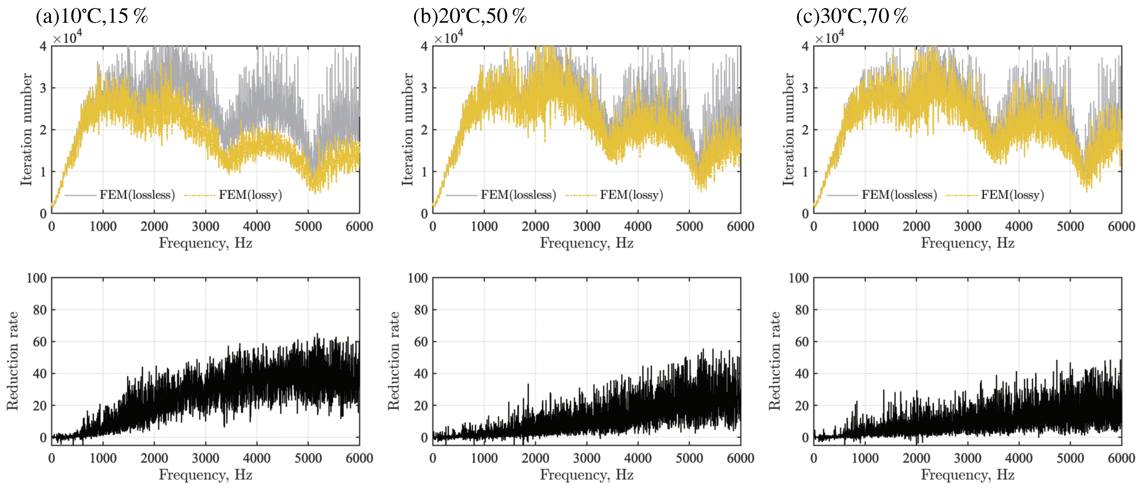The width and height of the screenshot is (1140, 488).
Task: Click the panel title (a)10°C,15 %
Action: [x=92, y=17]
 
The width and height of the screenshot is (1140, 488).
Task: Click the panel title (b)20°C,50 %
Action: [x=470, y=17]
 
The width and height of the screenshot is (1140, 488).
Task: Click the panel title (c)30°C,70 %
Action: [x=852, y=17]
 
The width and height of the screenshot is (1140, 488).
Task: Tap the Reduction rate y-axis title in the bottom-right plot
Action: [x=775, y=361]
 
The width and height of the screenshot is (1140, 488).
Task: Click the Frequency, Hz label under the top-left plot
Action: [x=205, y=243]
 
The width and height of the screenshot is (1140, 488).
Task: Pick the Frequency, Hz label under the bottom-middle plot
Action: [x=586, y=475]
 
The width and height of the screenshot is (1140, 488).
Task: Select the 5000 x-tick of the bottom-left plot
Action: [x=308, y=458]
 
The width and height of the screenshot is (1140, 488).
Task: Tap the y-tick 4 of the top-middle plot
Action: [x=424, y=46]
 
